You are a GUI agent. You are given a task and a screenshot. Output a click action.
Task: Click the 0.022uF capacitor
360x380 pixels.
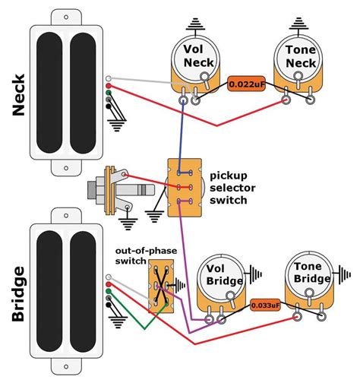pos(246,84)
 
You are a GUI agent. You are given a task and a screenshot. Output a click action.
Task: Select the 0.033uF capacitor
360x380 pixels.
pos(265,306)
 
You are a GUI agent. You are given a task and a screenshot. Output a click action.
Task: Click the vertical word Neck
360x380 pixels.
pos(19,95)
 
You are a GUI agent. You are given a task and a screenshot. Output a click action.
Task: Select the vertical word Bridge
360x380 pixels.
pos(19,294)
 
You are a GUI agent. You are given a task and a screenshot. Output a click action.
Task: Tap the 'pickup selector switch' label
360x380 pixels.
pos(232,188)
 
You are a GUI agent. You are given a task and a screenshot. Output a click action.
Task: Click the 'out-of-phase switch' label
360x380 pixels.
pos(146,255)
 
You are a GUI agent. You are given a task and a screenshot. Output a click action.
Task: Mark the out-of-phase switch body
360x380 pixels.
pos(161,286)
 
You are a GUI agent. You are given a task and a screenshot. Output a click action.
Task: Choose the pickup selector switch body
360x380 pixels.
pos(185,188)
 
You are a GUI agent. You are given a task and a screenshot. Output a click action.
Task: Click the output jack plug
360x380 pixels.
pos(121,191)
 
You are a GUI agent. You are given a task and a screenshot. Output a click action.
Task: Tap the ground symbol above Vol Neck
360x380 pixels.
pos(195,24)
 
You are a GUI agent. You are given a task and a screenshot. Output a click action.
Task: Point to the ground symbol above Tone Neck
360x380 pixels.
pos(299,24)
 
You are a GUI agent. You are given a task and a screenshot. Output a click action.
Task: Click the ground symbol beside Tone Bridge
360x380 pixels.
pos(343,274)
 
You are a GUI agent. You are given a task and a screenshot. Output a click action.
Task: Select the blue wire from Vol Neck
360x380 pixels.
pos(181,138)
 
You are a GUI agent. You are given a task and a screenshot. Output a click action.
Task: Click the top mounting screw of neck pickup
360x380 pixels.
pos(66,17)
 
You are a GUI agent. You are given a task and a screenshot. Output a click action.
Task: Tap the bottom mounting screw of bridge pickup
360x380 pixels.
pos(66,366)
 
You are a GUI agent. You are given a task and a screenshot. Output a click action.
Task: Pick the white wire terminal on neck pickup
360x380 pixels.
pos(109,78)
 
